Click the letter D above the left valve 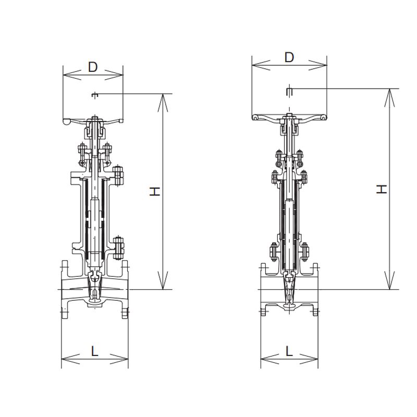pos(93,67)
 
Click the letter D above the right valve pos(289,57)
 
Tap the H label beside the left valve pos(155,191)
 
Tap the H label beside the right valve pos(382,189)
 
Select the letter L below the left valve pos(95,351)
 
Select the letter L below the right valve pos(289,351)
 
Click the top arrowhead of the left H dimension pos(163,103)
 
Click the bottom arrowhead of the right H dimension pos(389,280)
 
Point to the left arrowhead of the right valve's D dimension pos(261,65)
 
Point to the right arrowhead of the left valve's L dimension pos(119,359)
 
